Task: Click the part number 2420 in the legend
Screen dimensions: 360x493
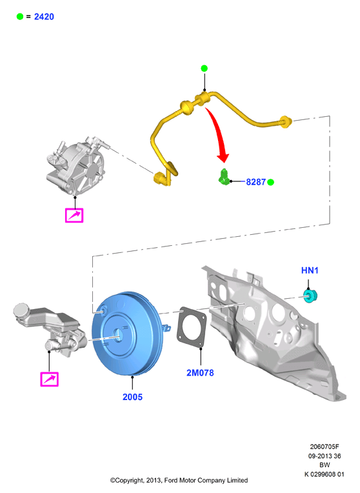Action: tap(44, 17)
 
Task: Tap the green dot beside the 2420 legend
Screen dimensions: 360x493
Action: tap(20, 17)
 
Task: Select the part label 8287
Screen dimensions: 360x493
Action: tap(255, 182)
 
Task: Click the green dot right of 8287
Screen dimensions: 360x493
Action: tap(270, 182)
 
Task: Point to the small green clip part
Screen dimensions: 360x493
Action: tap(223, 177)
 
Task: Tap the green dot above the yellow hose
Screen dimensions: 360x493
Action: tap(204, 68)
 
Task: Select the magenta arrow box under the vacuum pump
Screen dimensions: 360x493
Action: tap(74, 216)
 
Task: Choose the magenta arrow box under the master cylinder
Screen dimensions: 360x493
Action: tap(50, 379)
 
